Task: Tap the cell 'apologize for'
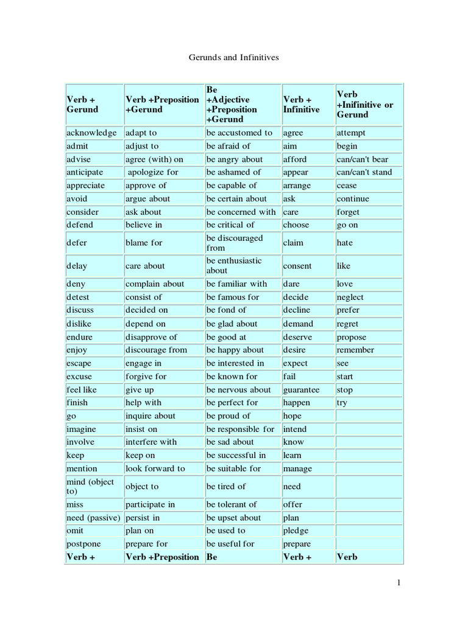[153, 172]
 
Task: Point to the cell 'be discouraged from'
[235, 243]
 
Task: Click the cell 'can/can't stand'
[364, 172]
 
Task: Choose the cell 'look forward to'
[155, 468]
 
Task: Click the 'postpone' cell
[84, 543]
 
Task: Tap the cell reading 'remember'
[355, 350]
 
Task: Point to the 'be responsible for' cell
[241, 429]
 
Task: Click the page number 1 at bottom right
[399, 583]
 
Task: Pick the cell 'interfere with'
[151, 442]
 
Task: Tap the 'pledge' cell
[296, 531]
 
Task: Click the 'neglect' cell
[350, 297]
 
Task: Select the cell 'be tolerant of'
[232, 504]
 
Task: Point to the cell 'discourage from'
[157, 350]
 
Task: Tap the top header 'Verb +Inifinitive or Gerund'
[365, 105]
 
